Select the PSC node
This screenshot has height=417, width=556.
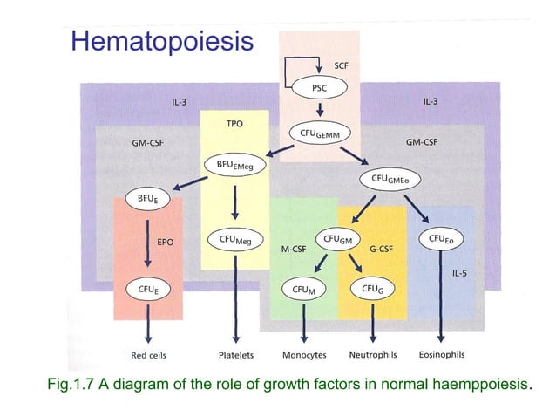point(321,88)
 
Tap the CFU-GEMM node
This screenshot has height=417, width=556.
point(321,132)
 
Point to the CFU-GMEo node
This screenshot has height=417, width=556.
point(390,179)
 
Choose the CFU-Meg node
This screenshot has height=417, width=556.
point(233,238)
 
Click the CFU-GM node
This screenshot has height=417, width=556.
point(338,238)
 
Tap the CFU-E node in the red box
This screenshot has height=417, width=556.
point(147,288)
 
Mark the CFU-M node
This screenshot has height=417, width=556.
point(304,288)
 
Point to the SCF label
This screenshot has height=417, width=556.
point(344,65)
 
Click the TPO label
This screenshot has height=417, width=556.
point(234,124)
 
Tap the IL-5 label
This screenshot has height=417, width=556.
point(459,273)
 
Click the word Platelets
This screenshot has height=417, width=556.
point(235,355)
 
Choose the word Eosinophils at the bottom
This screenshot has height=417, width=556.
point(442,355)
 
